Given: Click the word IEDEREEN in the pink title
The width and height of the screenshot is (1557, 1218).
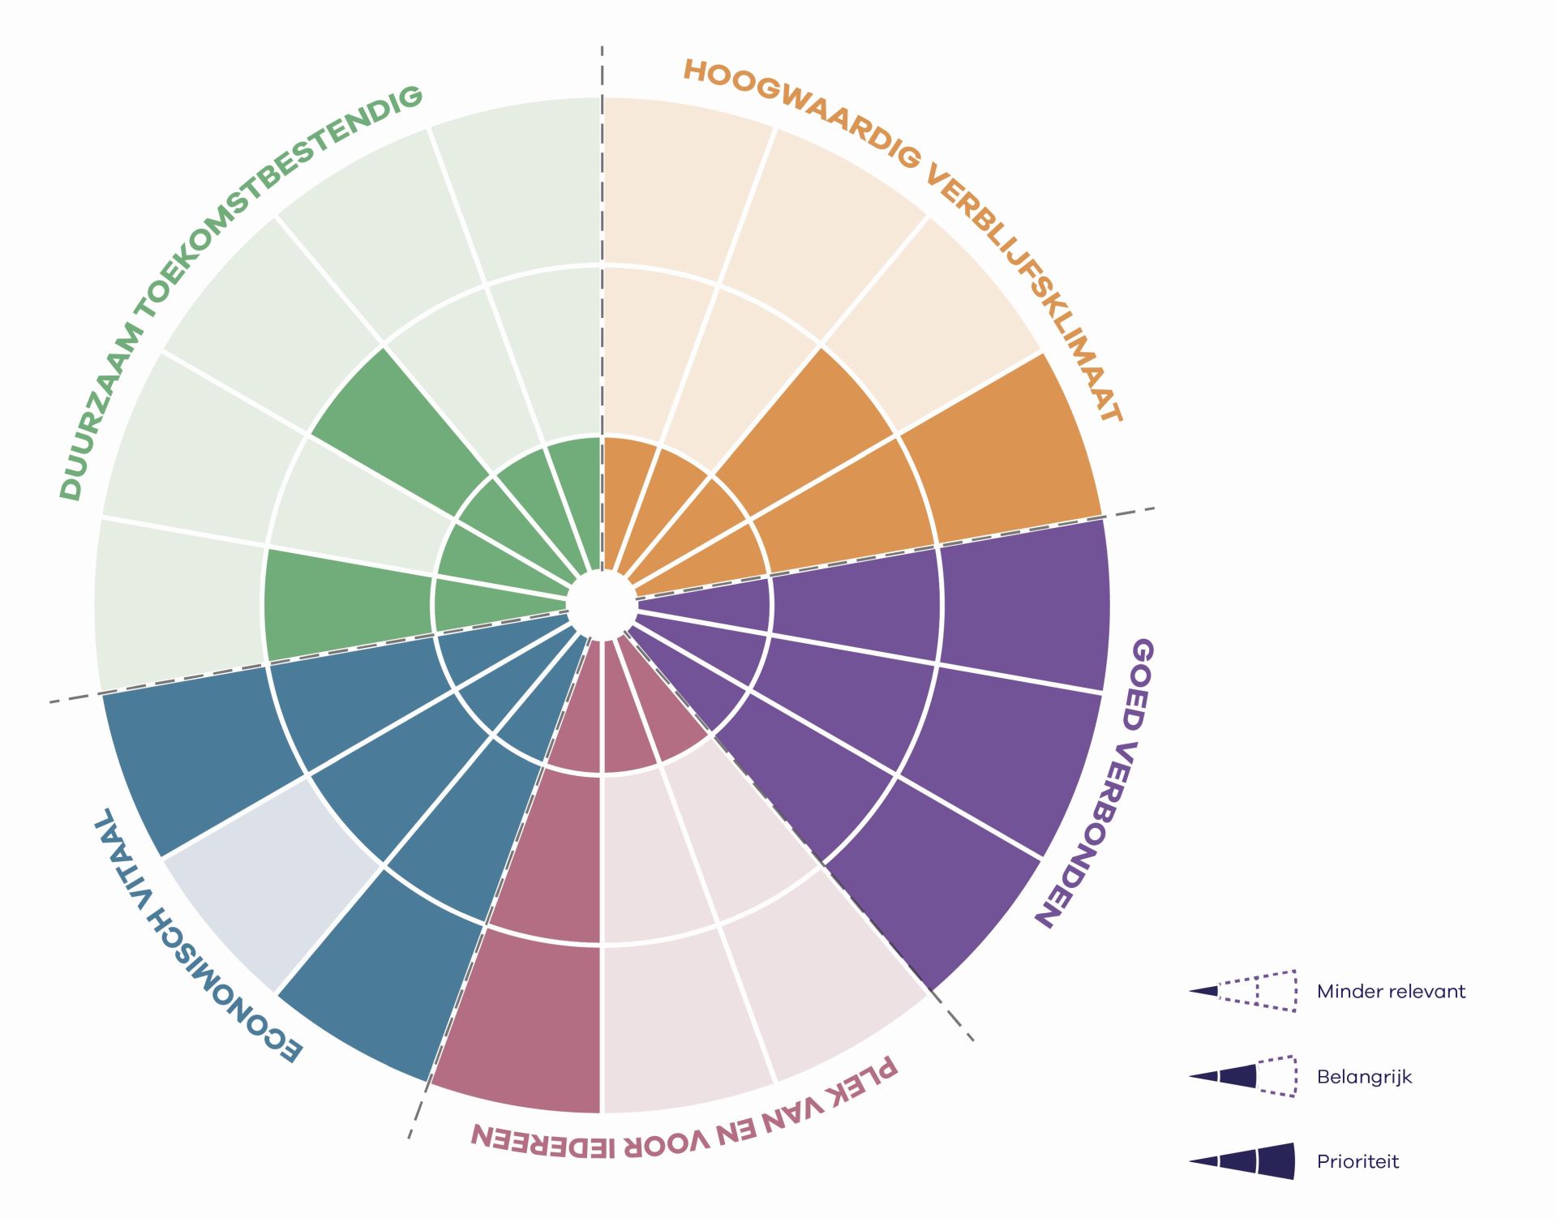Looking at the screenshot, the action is click(x=543, y=1139).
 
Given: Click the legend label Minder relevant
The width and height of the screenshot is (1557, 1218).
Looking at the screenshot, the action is click(x=1391, y=992).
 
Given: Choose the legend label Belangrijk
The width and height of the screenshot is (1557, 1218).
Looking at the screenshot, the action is click(x=1364, y=1078).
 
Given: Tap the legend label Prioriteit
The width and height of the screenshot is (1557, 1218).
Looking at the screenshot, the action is click(x=1358, y=1162).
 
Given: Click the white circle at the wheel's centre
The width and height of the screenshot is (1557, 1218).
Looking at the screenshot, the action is click(x=602, y=605).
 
